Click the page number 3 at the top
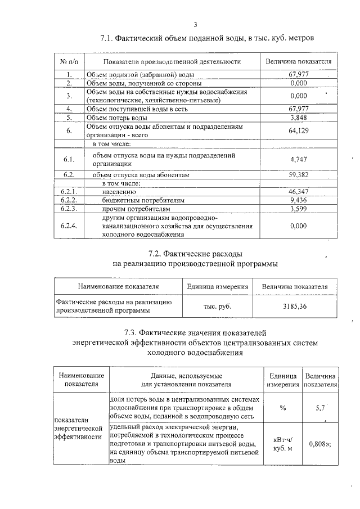click(195, 24)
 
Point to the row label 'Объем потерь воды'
click(116, 118)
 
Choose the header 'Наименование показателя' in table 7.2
click(118, 286)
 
